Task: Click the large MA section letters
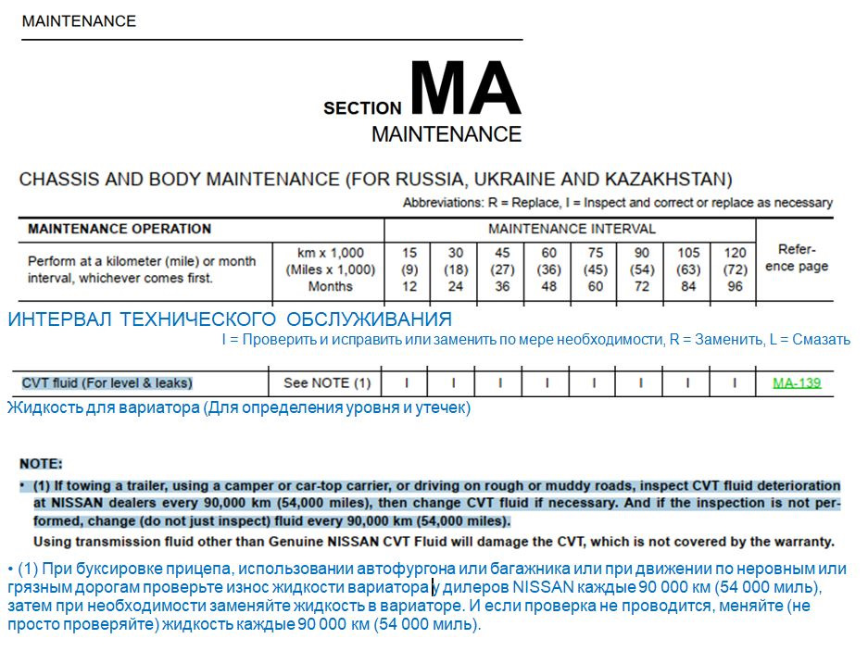pos(465,90)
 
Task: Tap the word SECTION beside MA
pos(362,108)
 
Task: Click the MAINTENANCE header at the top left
pos(79,20)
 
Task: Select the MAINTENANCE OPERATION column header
pos(120,229)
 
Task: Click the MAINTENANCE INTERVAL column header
pos(572,229)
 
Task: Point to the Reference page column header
pos(797,258)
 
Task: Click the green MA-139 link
pos(797,382)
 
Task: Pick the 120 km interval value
pos(735,253)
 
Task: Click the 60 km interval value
pos(547,253)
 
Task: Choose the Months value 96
pos(735,286)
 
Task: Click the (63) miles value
pos(688,269)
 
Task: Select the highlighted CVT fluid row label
pos(107,382)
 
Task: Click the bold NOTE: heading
pos(42,463)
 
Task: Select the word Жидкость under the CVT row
pos(39,407)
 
